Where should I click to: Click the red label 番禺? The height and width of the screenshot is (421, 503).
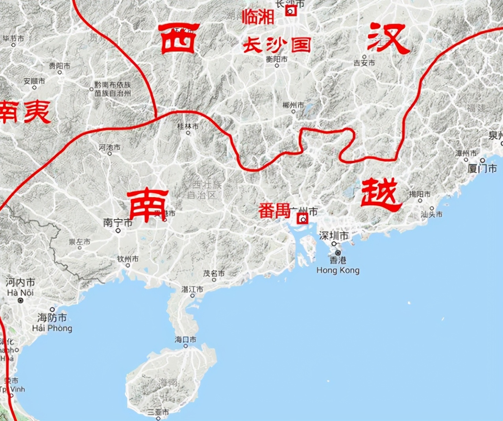click(274, 211)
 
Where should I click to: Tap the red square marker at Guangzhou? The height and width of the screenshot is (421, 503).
click(303, 218)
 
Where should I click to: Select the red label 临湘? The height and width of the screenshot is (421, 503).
click(258, 17)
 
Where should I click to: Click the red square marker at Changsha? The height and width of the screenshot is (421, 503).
click(291, 11)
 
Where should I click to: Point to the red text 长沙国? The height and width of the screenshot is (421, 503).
click(276, 45)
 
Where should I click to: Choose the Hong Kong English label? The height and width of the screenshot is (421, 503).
click(338, 270)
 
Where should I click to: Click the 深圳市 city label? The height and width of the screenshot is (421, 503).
click(333, 236)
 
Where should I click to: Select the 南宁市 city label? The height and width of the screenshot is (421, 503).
click(118, 223)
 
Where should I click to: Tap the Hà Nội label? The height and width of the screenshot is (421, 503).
click(20, 292)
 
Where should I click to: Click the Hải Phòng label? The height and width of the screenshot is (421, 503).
click(52, 328)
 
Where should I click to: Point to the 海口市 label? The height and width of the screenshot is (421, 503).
click(185, 339)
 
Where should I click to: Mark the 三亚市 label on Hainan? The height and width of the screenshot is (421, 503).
click(158, 412)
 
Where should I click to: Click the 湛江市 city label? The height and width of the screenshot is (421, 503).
click(192, 289)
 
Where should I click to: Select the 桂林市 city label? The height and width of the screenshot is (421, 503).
click(188, 126)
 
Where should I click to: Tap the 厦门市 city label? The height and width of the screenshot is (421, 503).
click(482, 169)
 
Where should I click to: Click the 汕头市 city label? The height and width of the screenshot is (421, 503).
click(431, 214)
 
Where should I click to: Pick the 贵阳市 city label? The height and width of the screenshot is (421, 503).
click(59, 66)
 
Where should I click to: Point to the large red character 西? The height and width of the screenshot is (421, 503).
click(178, 38)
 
